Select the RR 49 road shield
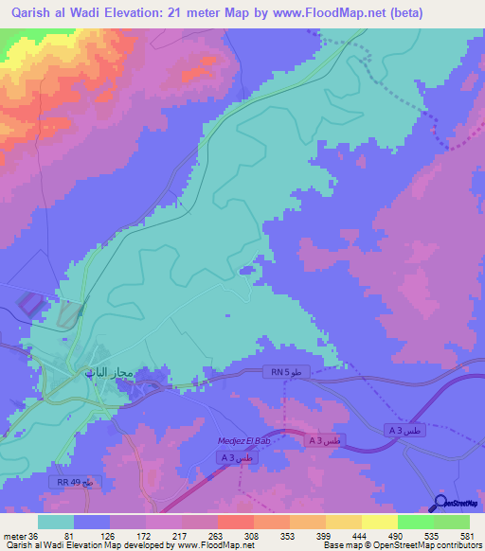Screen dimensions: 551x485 (73, 483)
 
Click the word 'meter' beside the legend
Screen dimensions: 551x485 (14, 537)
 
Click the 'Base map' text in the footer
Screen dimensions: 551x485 (336, 546)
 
